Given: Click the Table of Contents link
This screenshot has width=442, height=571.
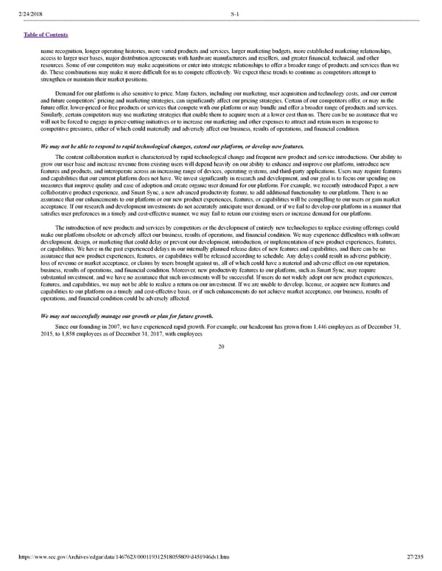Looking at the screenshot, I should pos(46,35).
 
